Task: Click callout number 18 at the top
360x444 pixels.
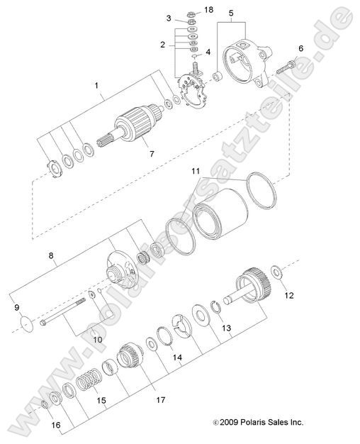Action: pyautogui.click(x=208, y=10)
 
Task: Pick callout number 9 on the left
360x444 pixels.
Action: pyautogui.click(x=18, y=308)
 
